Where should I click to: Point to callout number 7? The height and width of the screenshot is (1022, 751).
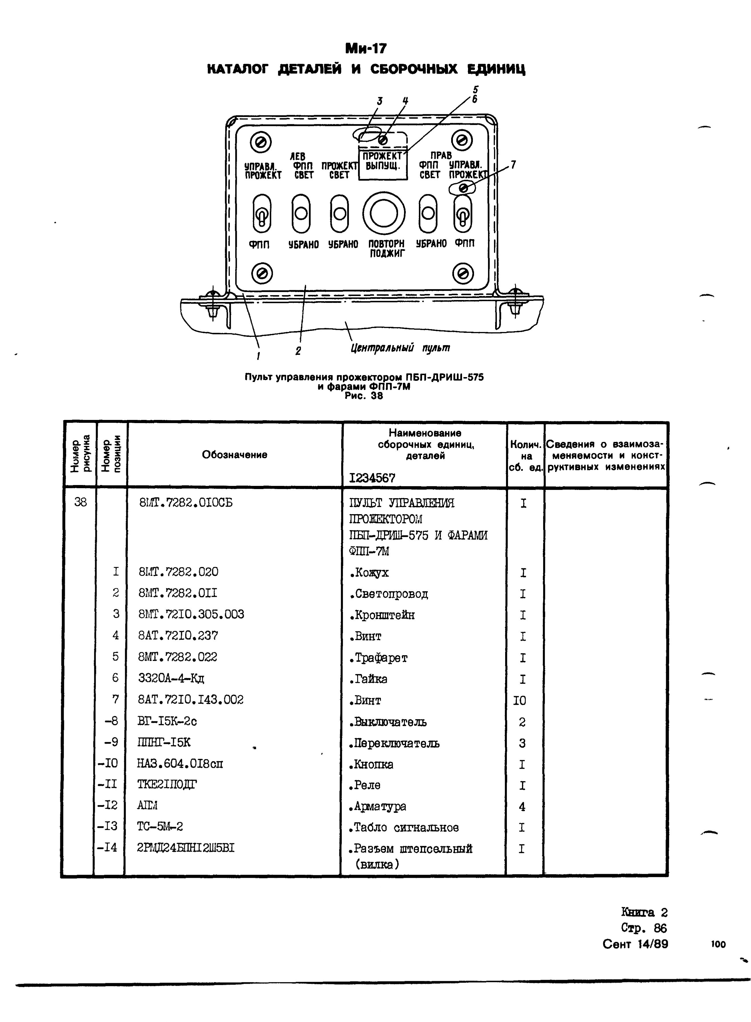[513, 164]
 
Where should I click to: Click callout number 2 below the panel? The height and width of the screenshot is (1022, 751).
[298, 350]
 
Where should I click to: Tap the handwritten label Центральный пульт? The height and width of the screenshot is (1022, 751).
[400, 348]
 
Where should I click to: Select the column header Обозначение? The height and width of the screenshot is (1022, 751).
[234, 454]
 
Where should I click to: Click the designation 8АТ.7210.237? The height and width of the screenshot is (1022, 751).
[178, 635]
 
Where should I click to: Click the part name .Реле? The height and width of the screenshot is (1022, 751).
[365, 785]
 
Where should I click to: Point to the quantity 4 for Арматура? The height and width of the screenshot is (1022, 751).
[522, 806]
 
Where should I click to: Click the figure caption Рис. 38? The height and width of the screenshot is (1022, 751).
[364, 396]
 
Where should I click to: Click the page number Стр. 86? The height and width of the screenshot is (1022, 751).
[643, 928]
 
